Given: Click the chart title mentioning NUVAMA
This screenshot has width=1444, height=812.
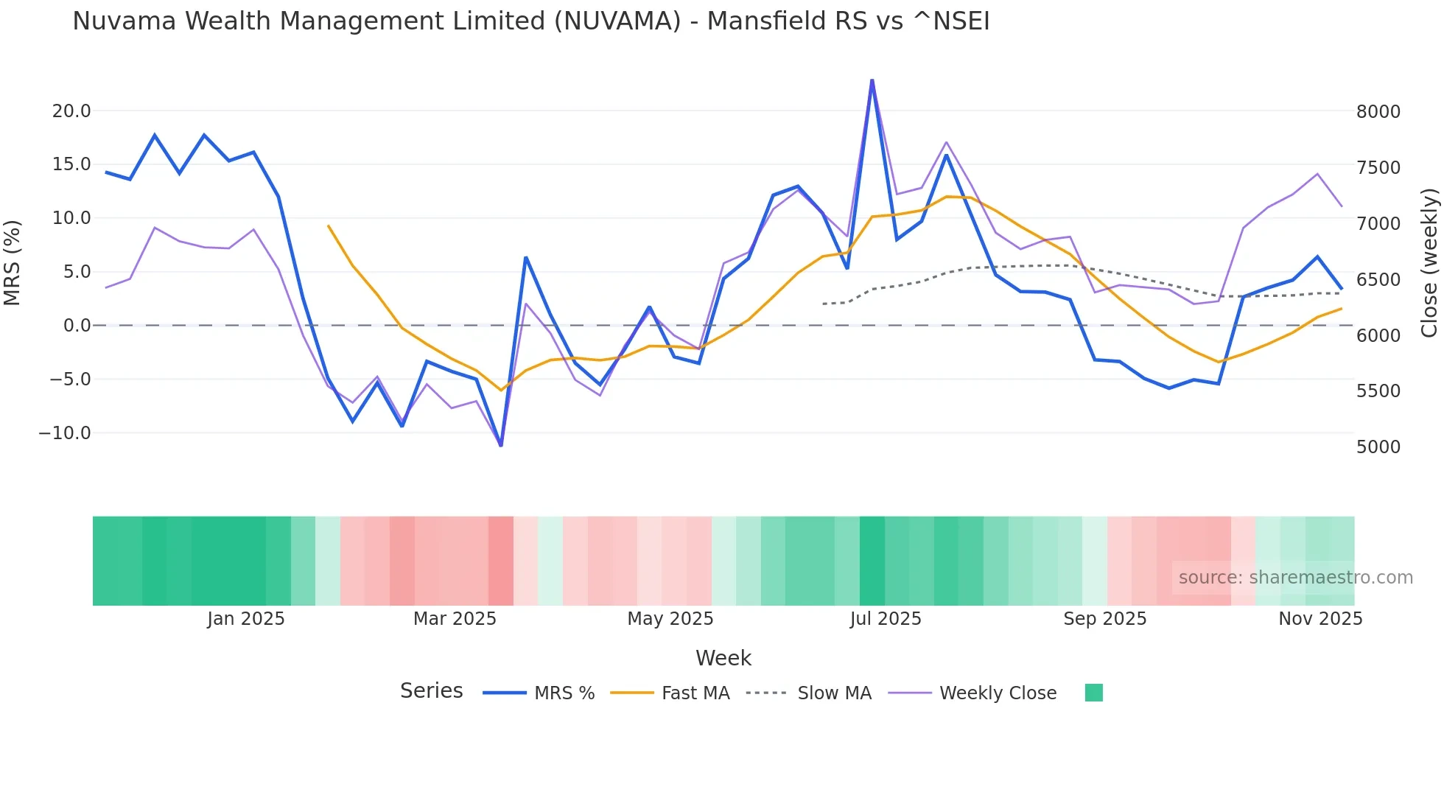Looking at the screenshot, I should click(x=530, y=21).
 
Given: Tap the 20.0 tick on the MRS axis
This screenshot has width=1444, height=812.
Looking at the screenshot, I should click(x=71, y=111).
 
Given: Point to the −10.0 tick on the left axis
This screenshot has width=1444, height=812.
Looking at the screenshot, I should click(x=65, y=433).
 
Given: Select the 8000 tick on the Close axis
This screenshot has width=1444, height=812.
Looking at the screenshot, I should click(x=1378, y=112).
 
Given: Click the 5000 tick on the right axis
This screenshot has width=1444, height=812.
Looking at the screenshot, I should click(x=1378, y=447).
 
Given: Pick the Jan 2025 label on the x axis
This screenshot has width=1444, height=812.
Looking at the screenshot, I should click(x=245, y=619).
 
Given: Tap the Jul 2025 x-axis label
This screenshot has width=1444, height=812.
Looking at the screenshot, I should click(x=886, y=619).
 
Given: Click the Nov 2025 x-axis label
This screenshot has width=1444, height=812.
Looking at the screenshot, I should click(x=1320, y=619).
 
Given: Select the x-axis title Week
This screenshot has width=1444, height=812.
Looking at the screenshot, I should click(x=723, y=658).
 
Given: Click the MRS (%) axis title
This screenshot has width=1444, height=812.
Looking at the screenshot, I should click(x=13, y=262).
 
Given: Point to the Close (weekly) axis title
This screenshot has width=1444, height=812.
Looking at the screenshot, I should click(x=1429, y=263).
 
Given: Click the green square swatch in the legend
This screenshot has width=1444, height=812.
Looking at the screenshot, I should click(x=1093, y=693).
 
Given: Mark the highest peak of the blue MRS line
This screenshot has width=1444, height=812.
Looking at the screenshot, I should click(x=872, y=80).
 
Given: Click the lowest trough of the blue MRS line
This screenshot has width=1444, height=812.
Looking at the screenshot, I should click(x=501, y=445).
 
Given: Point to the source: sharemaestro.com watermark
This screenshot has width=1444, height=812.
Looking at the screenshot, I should click(x=1295, y=578).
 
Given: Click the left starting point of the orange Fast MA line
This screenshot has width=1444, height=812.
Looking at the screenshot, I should click(x=329, y=226).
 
